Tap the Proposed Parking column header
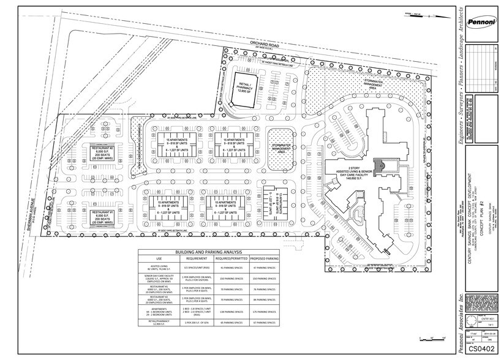tap(264, 258)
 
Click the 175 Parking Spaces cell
tap(264, 311)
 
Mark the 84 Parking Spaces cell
tap(264, 300)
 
